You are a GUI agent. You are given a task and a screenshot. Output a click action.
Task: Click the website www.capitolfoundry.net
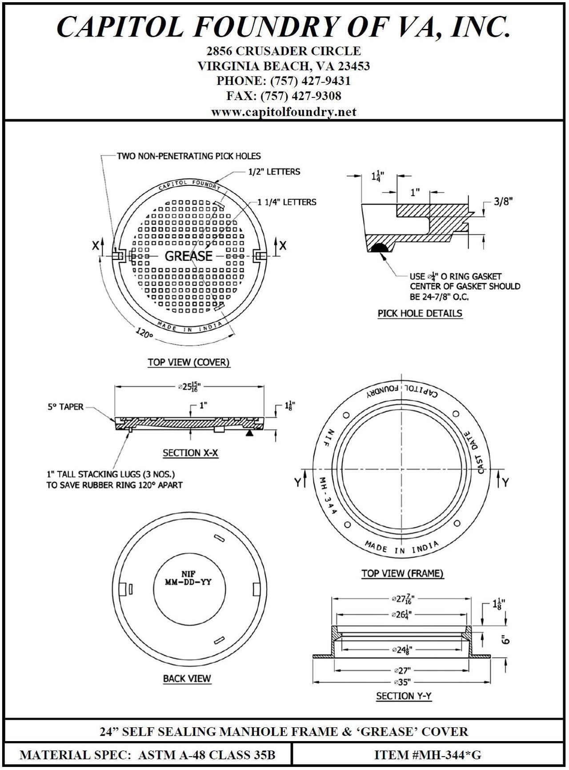(284, 112)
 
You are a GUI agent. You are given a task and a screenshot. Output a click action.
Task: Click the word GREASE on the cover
(188, 256)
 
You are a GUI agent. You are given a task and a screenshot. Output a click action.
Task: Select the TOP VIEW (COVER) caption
(188, 362)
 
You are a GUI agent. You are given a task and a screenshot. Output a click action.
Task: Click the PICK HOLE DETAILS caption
(420, 313)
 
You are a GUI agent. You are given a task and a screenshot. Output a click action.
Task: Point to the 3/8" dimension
(503, 201)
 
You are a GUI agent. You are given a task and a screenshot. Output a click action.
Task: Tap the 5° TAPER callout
(65, 407)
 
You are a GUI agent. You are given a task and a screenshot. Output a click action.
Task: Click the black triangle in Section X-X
(250, 432)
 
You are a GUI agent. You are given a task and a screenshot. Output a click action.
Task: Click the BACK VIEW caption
(187, 679)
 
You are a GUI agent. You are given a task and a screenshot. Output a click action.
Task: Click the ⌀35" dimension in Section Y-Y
(402, 682)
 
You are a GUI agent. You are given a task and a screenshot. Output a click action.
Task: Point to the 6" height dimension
(504, 640)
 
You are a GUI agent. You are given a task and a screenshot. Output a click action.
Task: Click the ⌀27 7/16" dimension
(402, 599)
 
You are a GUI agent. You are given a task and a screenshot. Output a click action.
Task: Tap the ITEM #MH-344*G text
(427, 754)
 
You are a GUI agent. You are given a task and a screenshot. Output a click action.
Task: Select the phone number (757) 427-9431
(284, 81)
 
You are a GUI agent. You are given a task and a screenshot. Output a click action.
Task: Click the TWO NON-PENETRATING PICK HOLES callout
(188, 156)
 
